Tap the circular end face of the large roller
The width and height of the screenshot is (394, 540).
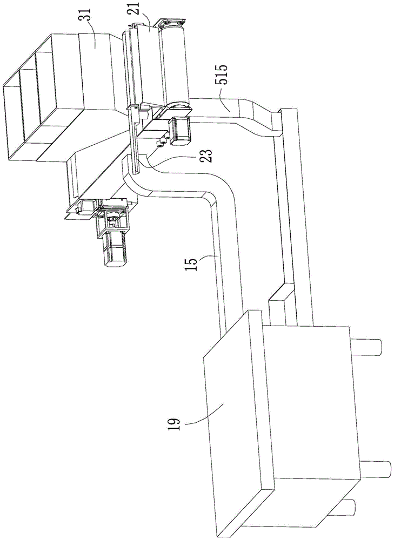(181, 107)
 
